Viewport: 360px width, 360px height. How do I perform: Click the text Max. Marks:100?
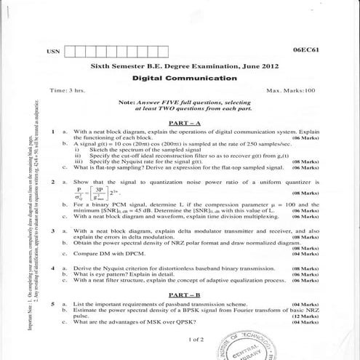pos(291,91)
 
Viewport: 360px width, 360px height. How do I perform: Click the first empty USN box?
pos(72,52)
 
